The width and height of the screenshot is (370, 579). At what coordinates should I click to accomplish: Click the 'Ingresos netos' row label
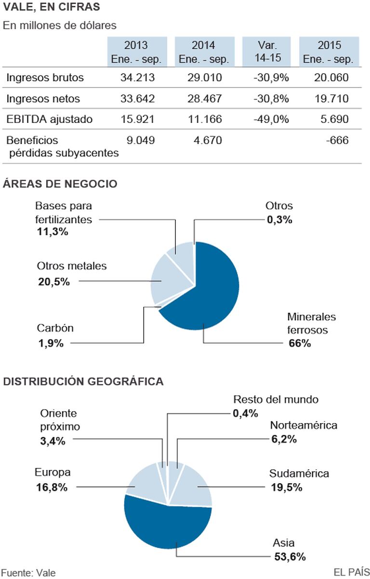click(x=43, y=99)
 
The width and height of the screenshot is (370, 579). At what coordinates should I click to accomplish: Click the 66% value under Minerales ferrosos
click(x=300, y=343)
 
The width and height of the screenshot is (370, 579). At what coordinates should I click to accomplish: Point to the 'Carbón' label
click(x=55, y=328)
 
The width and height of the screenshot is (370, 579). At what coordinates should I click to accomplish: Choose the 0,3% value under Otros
click(x=279, y=219)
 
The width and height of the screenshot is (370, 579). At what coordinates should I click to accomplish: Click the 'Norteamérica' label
click(x=304, y=425)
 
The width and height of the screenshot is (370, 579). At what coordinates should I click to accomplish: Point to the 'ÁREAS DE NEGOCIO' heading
click(x=60, y=183)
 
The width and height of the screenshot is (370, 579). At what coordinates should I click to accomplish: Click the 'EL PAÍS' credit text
click(x=351, y=572)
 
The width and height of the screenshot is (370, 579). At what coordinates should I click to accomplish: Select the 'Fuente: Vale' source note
click(x=29, y=572)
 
